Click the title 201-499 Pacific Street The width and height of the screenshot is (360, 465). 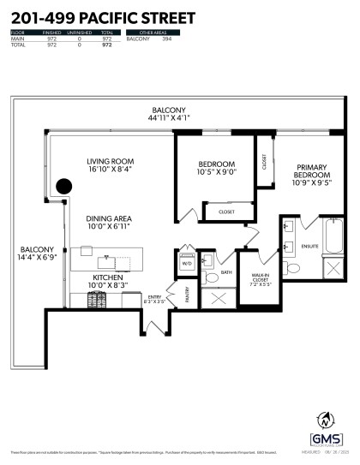tap(102, 17)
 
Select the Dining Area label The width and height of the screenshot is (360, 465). tap(109, 218)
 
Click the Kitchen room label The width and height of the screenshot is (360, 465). tap(108, 278)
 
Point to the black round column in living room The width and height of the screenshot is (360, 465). tap(63, 187)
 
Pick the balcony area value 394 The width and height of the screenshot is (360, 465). tap(179, 39)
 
